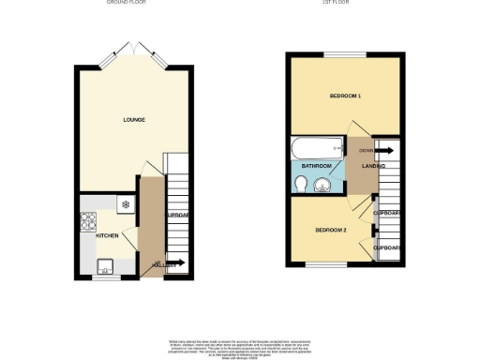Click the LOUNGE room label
[x=133, y=120]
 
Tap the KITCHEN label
[x=107, y=235]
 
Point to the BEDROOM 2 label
[x=331, y=231]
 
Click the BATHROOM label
[x=315, y=166]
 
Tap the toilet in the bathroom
[x=299, y=186]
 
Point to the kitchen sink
[x=103, y=262]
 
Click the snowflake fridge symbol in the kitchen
[x=125, y=203]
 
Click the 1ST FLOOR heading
[x=345, y=3]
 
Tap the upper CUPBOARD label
[x=387, y=214]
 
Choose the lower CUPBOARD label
[x=387, y=247]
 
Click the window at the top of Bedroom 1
[x=347, y=56]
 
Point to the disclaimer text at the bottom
[x=240, y=343]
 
